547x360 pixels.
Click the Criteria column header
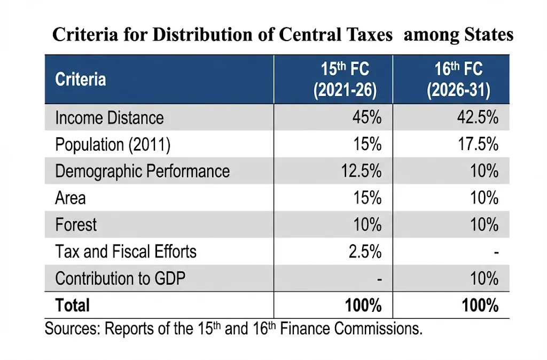(81, 80)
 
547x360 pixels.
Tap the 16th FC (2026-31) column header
(458, 80)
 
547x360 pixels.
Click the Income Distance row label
(110, 118)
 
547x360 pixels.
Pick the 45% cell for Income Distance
(366, 118)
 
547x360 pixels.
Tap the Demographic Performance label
(142, 171)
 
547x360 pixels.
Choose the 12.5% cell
(361, 171)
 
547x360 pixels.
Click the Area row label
(71, 198)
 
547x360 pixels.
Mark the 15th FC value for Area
(366, 198)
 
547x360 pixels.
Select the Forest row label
(76, 224)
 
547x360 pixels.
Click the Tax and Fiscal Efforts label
(126, 251)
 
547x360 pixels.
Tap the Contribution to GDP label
(120, 278)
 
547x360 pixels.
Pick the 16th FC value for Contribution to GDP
(484, 278)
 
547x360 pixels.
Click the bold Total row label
(73, 305)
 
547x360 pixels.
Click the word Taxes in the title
(369, 35)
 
